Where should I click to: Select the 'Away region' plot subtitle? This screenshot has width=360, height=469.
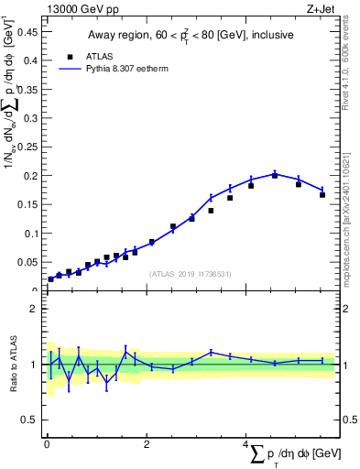[x=191, y=36]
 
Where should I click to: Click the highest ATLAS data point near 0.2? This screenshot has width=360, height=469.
[x=275, y=175]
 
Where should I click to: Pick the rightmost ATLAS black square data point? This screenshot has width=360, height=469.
[x=322, y=194]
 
